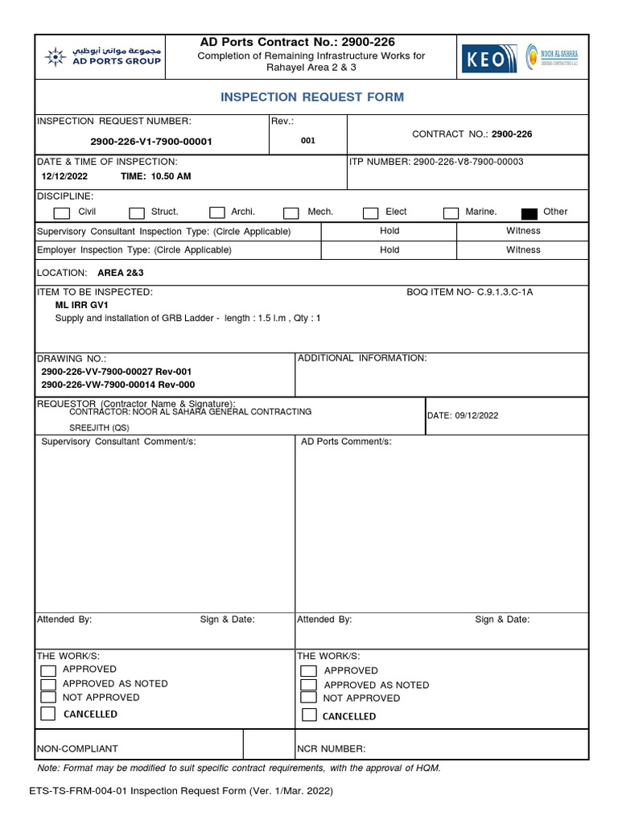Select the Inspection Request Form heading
tap(312, 97)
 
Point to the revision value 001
tap(308, 141)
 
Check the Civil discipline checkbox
tap(61, 213)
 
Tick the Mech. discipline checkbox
tap(291, 213)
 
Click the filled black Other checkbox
tap(529, 213)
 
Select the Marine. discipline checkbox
tap(451, 213)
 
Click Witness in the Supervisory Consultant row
tap(523, 231)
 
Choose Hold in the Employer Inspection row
tap(389, 250)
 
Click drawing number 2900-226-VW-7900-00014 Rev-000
tap(117, 385)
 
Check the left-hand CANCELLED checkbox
tap(48, 714)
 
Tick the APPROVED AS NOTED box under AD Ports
tap(308, 685)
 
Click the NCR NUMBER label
tap(332, 748)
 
